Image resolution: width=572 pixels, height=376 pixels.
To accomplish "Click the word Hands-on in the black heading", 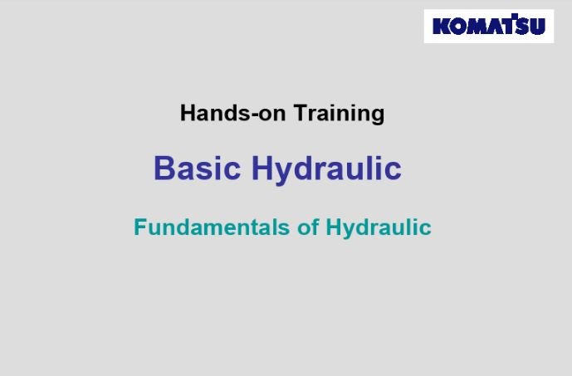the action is pos(232,113).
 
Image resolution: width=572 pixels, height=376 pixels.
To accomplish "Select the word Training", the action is pos(339,115).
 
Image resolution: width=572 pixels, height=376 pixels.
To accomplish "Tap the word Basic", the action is pos(198,168).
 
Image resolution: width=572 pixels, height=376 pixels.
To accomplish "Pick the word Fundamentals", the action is pos(212,227).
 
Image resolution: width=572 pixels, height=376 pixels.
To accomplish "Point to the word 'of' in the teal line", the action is pos(308,227).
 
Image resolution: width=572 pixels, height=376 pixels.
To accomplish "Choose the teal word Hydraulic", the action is pos(379,228).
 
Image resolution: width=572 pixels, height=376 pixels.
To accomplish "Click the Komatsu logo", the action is pos(489,27).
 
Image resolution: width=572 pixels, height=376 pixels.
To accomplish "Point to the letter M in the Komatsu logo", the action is pos(477,27).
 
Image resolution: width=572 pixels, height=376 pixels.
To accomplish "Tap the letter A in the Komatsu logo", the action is pos(495,27).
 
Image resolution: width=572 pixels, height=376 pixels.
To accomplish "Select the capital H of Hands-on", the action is pos(188,113).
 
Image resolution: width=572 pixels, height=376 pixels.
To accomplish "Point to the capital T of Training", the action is pos(301,113).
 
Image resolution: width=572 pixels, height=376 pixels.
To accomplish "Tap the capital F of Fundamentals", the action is pos(140,227).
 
